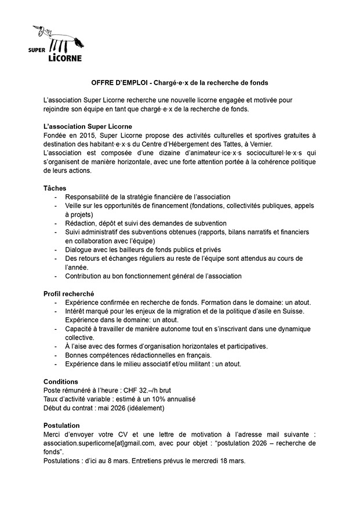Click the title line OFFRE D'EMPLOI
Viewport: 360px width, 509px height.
(x=180, y=83)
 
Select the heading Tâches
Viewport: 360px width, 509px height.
(x=55, y=188)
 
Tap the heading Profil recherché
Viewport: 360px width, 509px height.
(x=69, y=294)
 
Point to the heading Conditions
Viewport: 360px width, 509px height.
(x=61, y=381)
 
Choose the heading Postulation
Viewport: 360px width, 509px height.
(x=62, y=425)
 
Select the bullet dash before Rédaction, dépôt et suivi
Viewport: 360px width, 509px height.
(x=56, y=223)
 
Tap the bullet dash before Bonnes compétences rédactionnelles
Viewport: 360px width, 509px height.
(x=56, y=355)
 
